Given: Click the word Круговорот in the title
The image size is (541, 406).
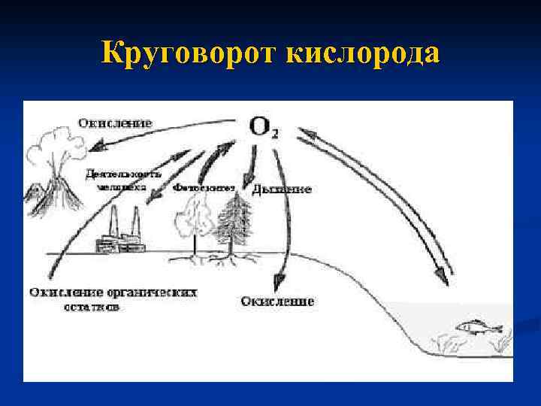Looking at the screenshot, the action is coord(187,54).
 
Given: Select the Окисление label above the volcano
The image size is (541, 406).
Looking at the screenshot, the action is coord(115,122).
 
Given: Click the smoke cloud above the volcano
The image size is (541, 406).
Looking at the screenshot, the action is coord(50,147).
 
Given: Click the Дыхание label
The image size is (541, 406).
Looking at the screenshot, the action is coord(281,189).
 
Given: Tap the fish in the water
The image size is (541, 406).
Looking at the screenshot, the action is coord(474,326).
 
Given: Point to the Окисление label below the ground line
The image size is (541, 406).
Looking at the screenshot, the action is coord(277,301).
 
